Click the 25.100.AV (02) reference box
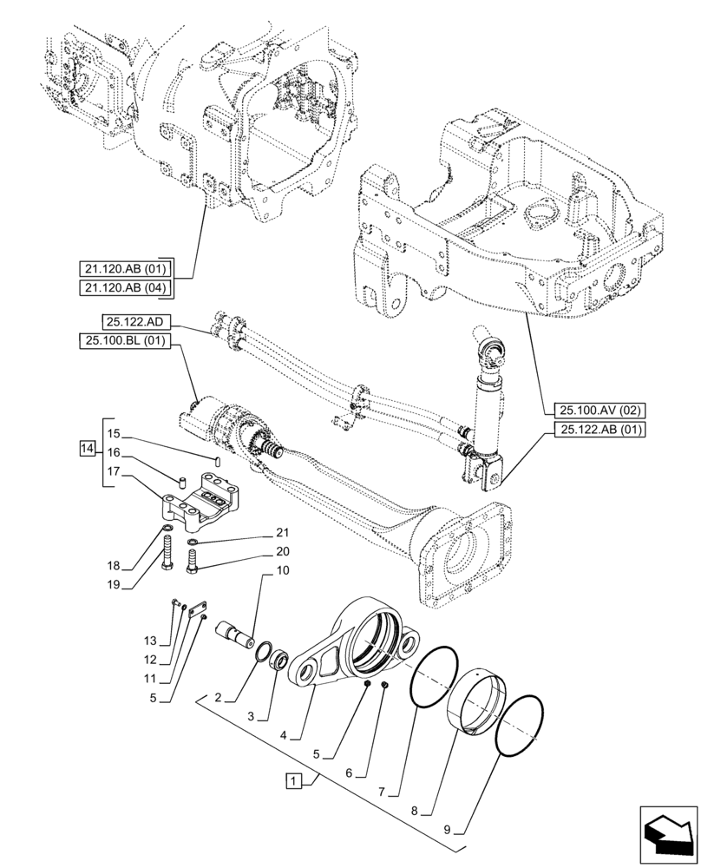coord(595,410)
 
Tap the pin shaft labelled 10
coord(236,635)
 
